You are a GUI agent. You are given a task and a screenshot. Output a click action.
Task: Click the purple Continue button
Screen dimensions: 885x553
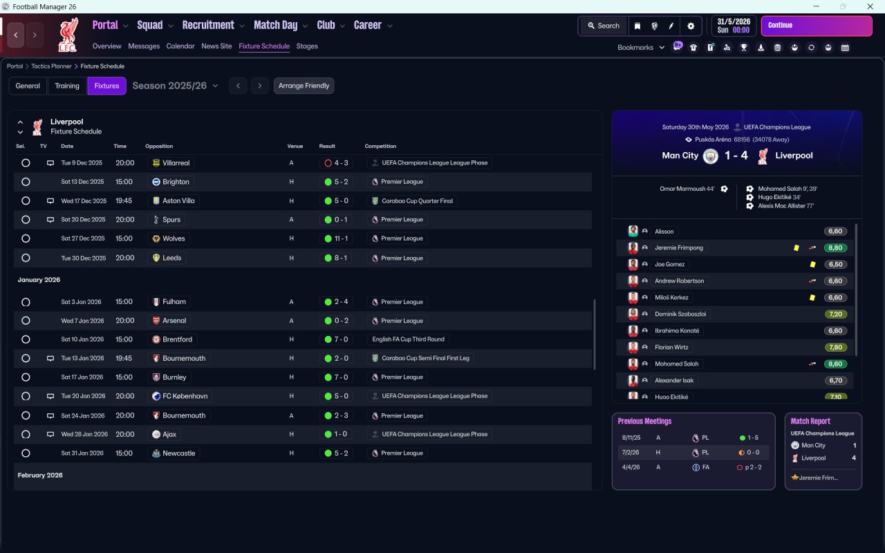tap(817, 26)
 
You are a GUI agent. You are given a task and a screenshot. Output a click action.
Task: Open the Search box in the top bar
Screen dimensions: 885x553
tap(604, 26)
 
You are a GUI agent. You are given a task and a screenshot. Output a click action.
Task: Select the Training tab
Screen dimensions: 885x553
tap(67, 86)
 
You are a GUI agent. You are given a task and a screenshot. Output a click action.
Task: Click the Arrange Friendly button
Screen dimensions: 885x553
tap(304, 86)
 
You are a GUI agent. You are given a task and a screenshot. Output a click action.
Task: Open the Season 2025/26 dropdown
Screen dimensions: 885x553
tap(175, 86)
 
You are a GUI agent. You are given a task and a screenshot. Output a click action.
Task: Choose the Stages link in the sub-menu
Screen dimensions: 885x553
tap(306, 46)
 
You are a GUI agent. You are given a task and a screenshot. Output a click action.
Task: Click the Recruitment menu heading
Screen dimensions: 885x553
tap(208, 26)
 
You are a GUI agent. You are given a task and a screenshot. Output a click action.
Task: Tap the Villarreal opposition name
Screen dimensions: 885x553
tap(176, 162)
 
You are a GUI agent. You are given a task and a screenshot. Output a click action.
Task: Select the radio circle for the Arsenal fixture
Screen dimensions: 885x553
tap(26, 321)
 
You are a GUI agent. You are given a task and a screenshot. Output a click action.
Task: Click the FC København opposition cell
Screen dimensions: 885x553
tap(180, 396)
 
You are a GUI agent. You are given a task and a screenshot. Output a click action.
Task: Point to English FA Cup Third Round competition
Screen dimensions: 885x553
tap(408, 339)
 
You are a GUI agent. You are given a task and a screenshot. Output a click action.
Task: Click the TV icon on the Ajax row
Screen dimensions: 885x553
tap(50, 435)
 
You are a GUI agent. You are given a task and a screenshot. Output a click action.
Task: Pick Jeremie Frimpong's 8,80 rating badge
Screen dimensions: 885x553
tap(835, 248)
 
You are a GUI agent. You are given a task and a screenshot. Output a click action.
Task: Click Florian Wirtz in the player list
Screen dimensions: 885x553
tap(671, 347)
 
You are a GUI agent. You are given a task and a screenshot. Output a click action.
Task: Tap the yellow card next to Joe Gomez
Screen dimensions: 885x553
tap(812, 265)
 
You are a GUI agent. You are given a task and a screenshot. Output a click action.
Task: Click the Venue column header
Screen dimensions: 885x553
tap(295, 146)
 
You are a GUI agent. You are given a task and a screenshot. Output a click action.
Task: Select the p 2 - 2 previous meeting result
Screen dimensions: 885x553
tap(753, 467)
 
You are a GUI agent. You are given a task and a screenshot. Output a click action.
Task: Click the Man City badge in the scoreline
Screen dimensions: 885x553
tap(710, 156)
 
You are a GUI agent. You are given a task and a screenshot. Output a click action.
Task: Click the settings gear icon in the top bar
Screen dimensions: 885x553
tap(691, 26)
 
